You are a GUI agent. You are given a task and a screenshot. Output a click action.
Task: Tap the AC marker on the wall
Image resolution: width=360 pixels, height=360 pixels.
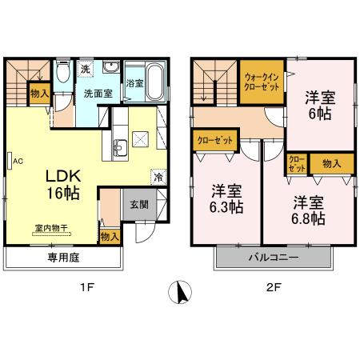pos(17,160)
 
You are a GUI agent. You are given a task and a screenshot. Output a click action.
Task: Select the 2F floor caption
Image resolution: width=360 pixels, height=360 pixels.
pos(272,289)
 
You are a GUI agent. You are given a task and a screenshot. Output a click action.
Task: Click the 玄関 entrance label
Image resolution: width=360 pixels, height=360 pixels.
pos(138,205)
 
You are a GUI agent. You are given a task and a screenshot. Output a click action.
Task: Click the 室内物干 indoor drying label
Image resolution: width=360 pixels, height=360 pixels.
pos(53,226)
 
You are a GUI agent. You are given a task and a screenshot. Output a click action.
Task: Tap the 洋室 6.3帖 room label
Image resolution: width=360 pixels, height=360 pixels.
pos(227,198)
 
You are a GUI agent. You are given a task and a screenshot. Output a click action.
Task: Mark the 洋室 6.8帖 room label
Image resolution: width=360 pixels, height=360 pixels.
pos(307,209)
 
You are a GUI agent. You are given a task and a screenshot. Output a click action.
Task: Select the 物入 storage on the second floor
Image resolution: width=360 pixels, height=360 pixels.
pos(332,164)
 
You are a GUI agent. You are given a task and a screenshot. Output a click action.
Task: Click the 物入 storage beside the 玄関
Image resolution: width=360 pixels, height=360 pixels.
pos(110,236)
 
